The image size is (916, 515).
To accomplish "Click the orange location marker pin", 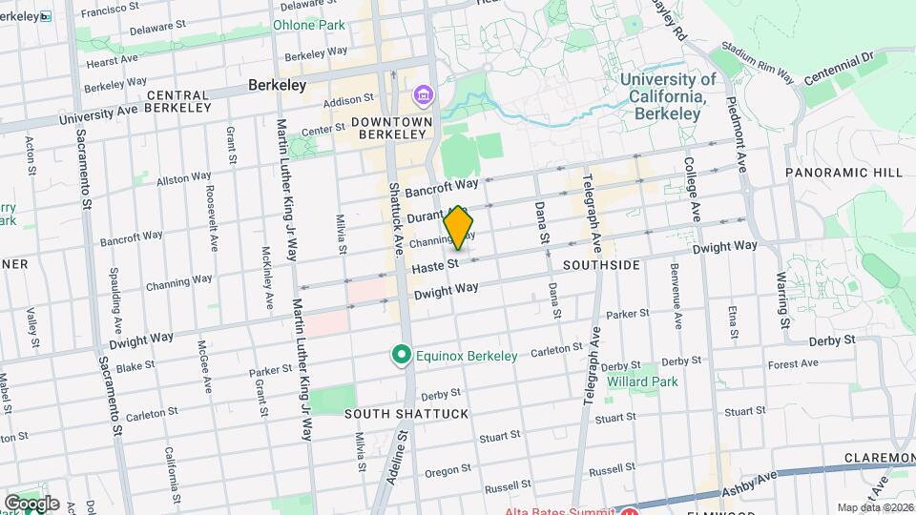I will point(459,228).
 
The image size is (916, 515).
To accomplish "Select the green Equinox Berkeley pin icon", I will point(403,356).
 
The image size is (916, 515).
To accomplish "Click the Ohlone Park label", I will point(309,25).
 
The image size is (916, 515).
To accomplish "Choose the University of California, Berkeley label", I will point(668,96).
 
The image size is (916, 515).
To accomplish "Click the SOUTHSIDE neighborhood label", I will point(601,264).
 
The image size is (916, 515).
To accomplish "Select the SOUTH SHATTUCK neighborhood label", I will point(392,414).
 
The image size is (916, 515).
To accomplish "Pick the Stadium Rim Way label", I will point(758,63).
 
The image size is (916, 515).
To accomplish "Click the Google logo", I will point(31,504).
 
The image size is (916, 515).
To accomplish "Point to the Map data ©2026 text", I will point(875,507).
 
